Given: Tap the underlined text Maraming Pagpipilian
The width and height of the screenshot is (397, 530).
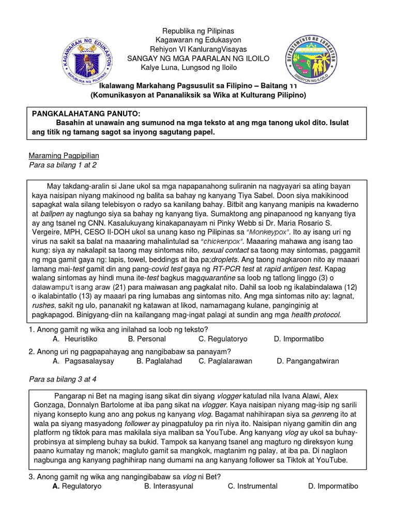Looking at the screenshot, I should tap(64, 155).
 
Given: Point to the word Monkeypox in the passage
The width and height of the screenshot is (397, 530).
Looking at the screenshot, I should tap(275, 231).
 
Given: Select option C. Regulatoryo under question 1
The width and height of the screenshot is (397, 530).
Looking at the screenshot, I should tap(223, 339).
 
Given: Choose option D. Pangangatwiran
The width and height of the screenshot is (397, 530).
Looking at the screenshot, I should tap(308, 361).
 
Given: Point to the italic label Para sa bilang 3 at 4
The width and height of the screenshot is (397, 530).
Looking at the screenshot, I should tap(63, 379).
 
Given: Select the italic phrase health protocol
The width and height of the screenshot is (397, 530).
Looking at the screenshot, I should tap(316, 315).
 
